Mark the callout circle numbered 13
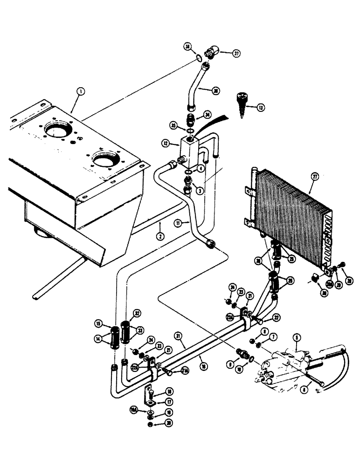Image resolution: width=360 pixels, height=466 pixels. pyautogui.click(x=260, y=108)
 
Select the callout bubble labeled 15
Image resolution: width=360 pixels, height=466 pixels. pyautogui.click(x=99, y=323)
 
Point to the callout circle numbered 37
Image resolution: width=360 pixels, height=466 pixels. pyautogui.click(x=236, y=54)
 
